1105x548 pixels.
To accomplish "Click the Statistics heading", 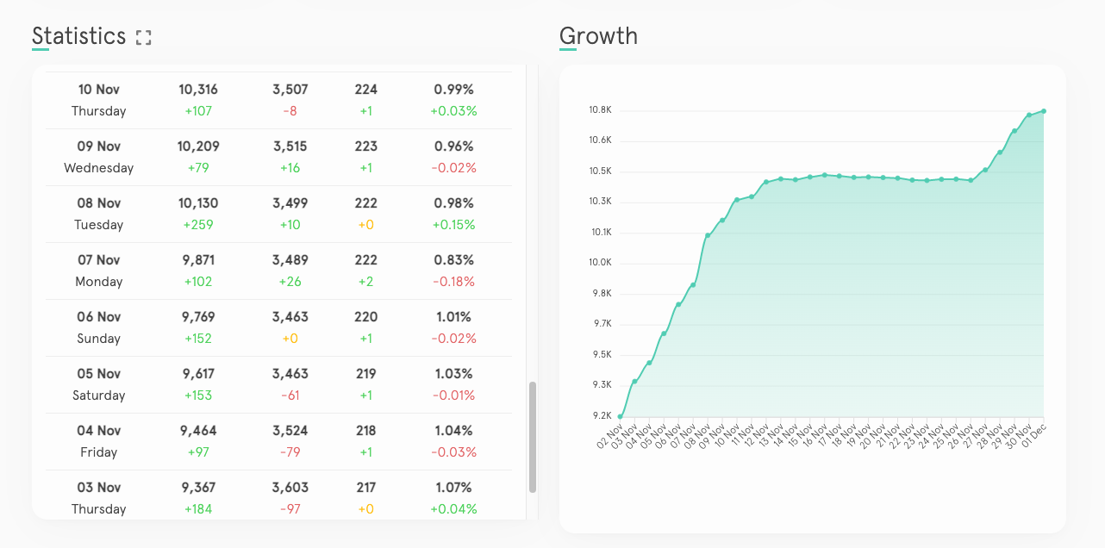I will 78,36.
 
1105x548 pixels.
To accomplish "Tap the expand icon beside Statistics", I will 143,37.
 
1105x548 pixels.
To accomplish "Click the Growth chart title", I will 598,36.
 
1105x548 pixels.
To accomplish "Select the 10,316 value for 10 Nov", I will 198,90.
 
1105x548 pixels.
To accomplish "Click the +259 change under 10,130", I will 198,225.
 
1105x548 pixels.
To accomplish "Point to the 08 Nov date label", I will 98,203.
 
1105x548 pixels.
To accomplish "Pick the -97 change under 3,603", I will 290,509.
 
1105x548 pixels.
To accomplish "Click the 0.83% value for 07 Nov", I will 453,260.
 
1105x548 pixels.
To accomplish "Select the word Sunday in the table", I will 98,339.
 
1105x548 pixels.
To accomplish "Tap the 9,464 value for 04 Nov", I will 198,431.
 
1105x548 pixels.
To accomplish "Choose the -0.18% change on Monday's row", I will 453,282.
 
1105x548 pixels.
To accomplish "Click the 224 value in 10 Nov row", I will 365,90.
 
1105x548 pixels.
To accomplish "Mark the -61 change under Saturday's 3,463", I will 290,395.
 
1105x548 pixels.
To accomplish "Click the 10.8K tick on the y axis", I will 600,110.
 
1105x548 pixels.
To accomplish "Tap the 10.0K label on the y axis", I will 600,263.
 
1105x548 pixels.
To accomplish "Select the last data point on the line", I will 1044,110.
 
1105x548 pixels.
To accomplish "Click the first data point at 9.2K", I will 620,417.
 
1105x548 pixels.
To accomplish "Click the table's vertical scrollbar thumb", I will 533,437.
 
